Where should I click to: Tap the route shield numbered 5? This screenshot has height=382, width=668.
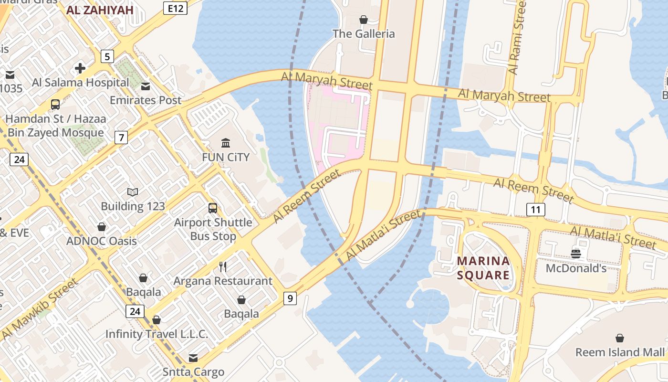coord(107,57)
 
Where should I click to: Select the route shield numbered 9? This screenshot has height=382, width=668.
coord(290,299)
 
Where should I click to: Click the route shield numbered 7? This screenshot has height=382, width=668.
coord(121,138)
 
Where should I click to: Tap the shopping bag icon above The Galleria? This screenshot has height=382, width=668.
coord(364,20)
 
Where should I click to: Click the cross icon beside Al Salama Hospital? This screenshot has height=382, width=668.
coord(80,68)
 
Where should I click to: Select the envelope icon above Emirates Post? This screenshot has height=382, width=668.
coord(146,86)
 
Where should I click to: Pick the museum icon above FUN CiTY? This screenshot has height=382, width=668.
coord(226,143)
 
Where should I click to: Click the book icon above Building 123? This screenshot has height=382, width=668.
coord(133,192)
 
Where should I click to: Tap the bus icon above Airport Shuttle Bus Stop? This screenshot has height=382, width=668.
coord(213,208)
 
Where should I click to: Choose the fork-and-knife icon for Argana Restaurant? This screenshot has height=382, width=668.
coord(223,266)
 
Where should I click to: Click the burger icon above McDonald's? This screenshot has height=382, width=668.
coord(576,254)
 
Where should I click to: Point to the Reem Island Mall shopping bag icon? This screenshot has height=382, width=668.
coord(619,339)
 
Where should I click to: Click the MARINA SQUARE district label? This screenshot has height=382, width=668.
coord(483,268)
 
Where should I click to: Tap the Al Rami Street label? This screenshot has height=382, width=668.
coord(517,37)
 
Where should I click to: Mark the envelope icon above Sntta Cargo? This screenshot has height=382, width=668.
coord(193,358)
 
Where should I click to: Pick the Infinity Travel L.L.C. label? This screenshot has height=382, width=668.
coord(157,334)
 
